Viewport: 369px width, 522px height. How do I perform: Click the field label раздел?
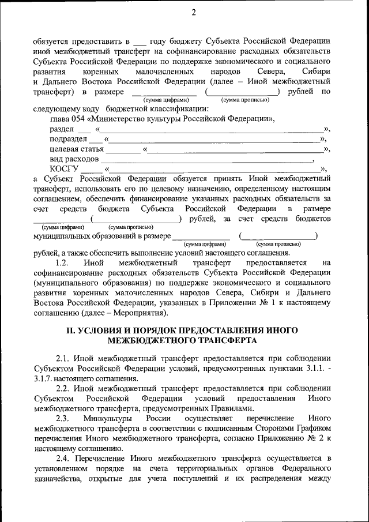tap(62, 130)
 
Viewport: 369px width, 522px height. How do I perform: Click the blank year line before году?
tap(139, 42)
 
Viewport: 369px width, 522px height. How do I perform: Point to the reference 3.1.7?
tap(44, 379)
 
